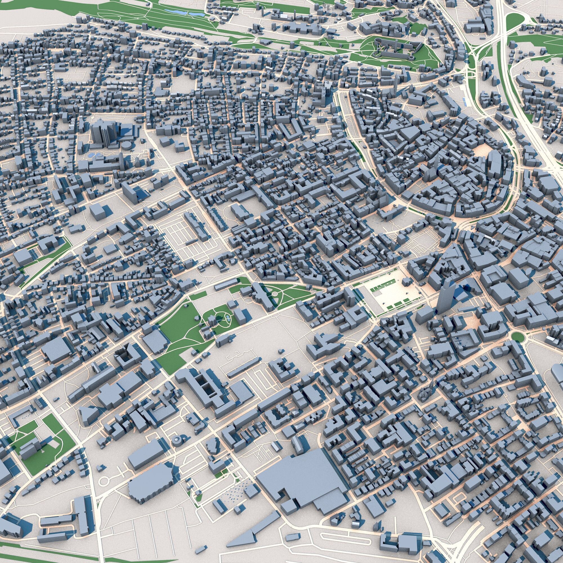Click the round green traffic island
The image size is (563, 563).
pyautogui.click(x=517, y=337)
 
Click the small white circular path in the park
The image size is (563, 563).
pyautogui.click(x=274, y=294)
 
